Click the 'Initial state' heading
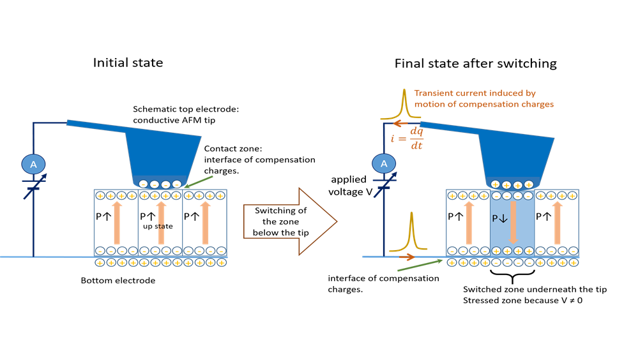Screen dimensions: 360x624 [x=128, y=63]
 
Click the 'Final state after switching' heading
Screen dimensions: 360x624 [x=475, y=63]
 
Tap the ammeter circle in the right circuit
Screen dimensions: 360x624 [x=384, y=165]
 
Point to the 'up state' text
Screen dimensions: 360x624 [x=153, y=225]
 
